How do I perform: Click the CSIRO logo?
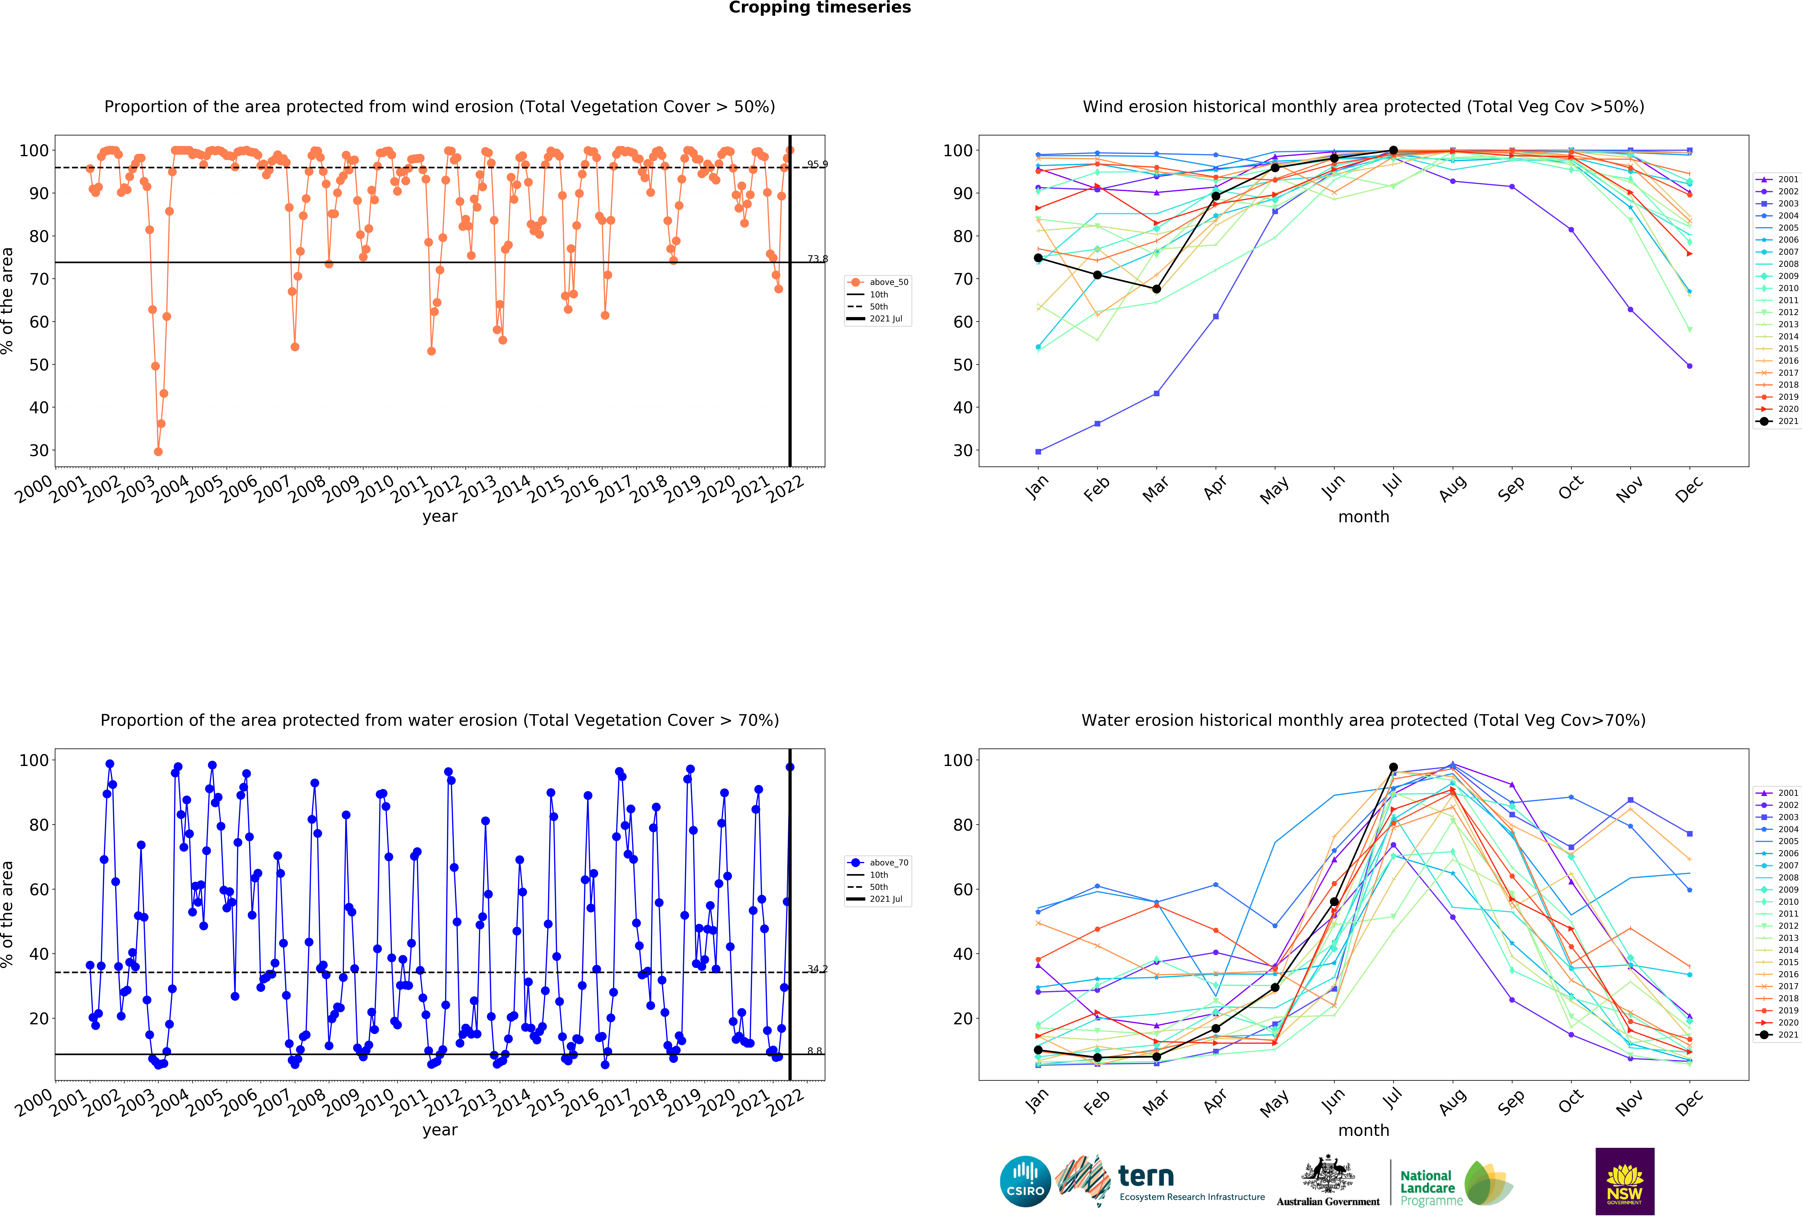[x=1025, y=1182]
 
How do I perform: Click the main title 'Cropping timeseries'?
[x=820, y=8]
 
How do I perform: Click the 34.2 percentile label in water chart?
[x=817, y=969]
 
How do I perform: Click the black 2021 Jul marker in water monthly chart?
[x=1393, y=767]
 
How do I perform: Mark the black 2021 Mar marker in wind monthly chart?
[x=1156, y=289]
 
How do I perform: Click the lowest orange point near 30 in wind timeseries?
[x=158, y=451]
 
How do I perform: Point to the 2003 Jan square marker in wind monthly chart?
[x=1038, y=451]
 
